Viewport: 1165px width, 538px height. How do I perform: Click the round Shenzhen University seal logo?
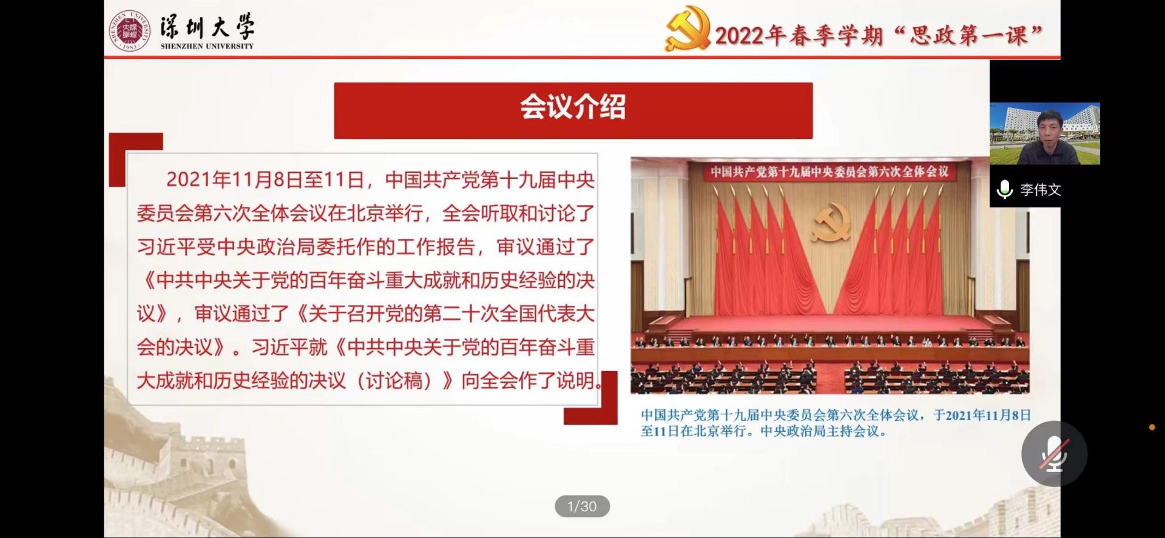coord(129,30)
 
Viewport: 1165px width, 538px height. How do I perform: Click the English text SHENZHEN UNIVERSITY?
coord(207,46)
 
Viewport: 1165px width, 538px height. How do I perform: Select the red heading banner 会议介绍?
coord(573,110)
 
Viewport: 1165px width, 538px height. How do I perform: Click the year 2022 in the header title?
coord(739,36)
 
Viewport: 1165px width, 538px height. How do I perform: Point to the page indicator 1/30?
coord(582,506)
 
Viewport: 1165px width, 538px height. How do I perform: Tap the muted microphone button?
coord(1054,454)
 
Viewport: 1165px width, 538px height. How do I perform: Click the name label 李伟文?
coord(1041,190)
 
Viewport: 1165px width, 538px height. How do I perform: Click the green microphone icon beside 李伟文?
coord(1005,190)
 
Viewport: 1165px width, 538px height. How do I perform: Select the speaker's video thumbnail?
coord(1045,134)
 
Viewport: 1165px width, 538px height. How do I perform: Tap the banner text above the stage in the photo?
coord(829,172)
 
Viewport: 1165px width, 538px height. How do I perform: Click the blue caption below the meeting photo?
coord(836,423)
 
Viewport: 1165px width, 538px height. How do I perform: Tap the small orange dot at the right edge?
coord(1152,428)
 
